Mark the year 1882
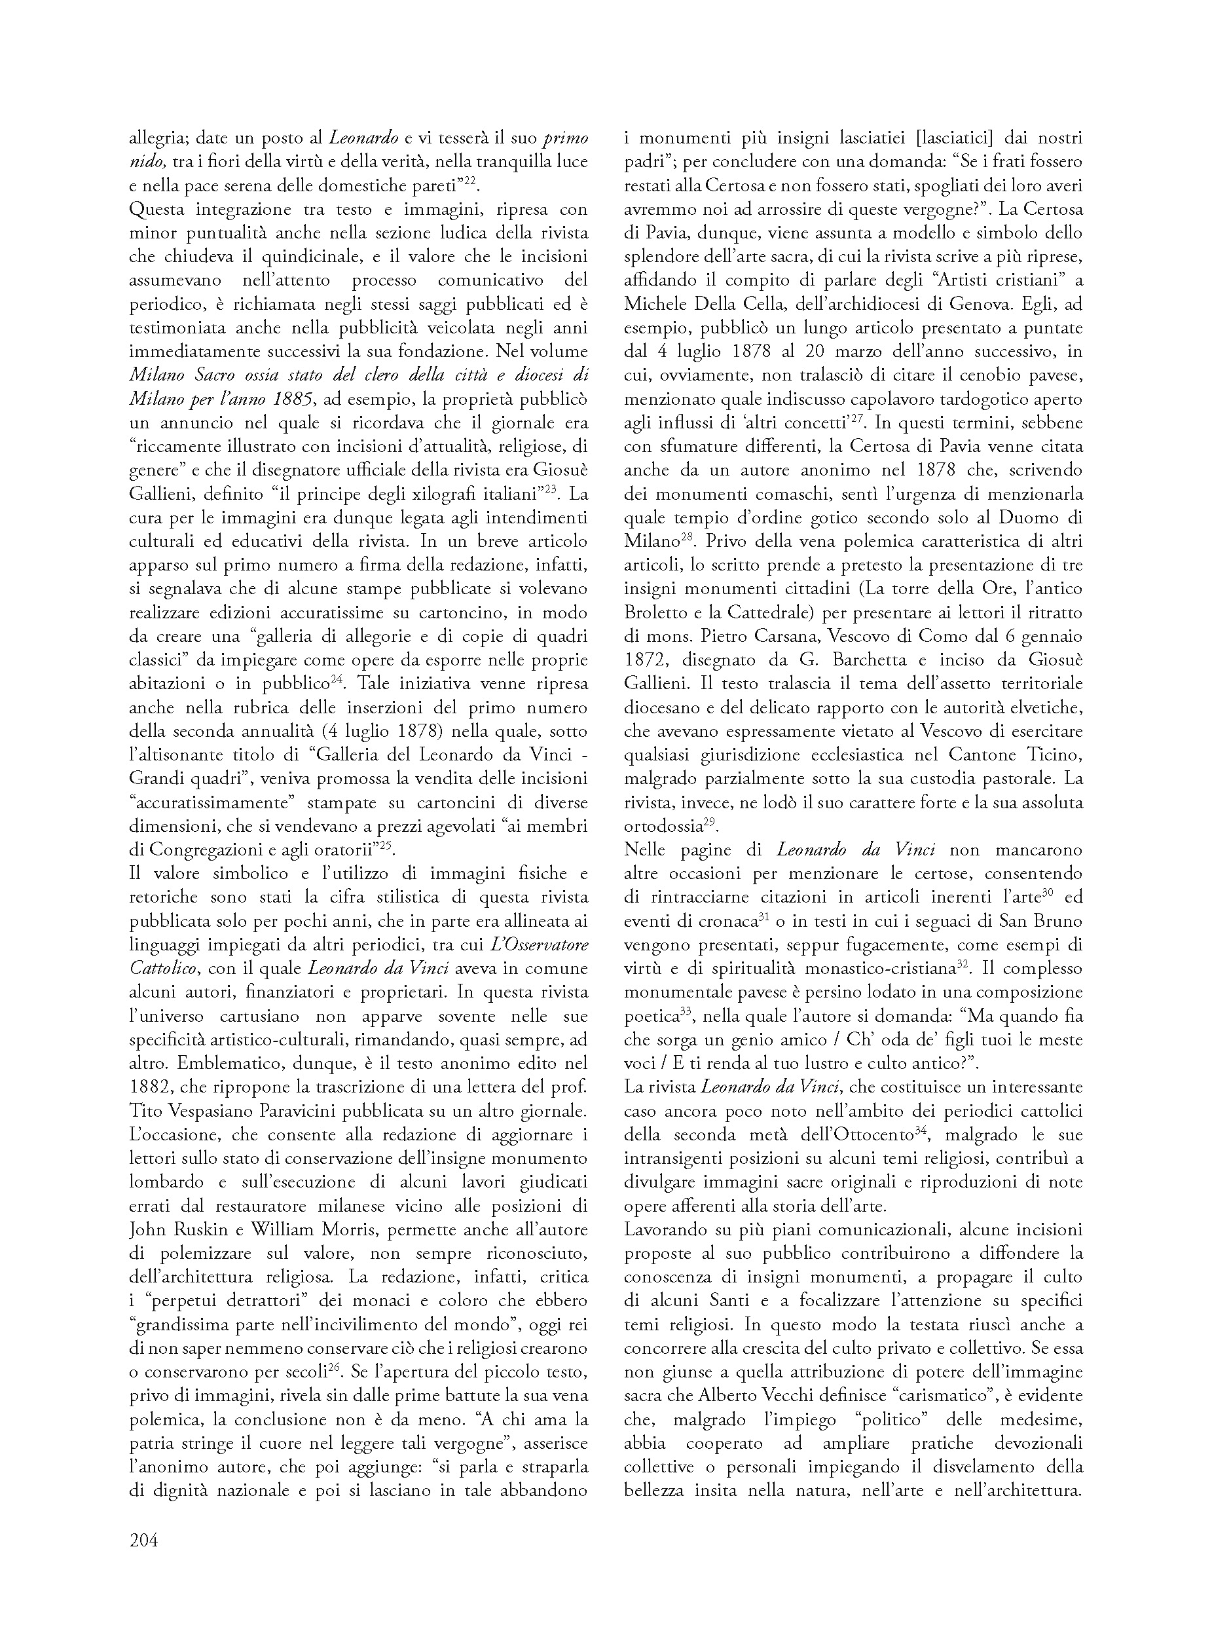click(151, 1085)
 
